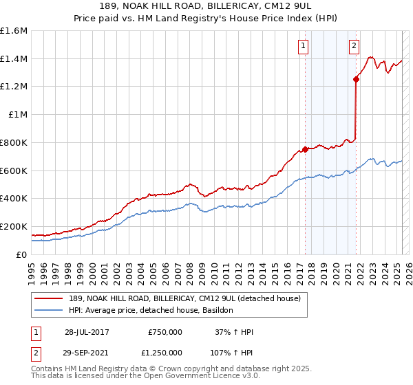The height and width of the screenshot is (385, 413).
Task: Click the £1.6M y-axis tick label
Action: [14, 31]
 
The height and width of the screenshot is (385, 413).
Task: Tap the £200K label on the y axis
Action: [14, 226]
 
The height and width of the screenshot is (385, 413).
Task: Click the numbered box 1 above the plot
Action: [303, 46]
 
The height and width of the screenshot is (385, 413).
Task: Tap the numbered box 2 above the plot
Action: [354, 46]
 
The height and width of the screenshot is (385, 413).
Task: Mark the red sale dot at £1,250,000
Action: [356, 80]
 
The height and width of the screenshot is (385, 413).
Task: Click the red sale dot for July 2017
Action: [305, 149]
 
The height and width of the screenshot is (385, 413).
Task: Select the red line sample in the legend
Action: [50, 299]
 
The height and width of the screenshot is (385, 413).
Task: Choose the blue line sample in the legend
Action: [50, 311]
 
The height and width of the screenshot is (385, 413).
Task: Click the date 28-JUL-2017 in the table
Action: [87, 332]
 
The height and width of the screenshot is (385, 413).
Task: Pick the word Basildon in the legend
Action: [218, 311]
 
